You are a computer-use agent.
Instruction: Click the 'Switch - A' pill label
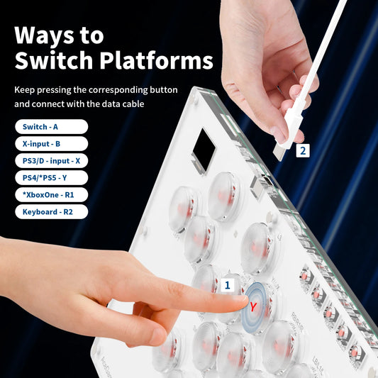click(x=51, y=126)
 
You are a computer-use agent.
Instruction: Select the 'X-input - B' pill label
click(x=51, y=144)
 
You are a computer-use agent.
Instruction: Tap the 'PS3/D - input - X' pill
click(x=51, y=161)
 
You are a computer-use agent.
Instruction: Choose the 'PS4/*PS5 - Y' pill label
click(x=51, y=178)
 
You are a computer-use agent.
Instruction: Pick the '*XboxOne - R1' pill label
click(x=51, y=195)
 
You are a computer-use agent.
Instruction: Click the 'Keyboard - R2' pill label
click(x=51, y=212)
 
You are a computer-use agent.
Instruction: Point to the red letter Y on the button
click(x=253, y=307)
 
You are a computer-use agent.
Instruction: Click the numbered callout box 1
click(x=228, y=285)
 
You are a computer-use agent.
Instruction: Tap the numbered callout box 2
click(x=303, y=150)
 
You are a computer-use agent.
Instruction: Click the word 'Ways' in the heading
click(x=44, y=35)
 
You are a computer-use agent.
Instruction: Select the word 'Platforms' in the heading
click(x=157, y=60)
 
